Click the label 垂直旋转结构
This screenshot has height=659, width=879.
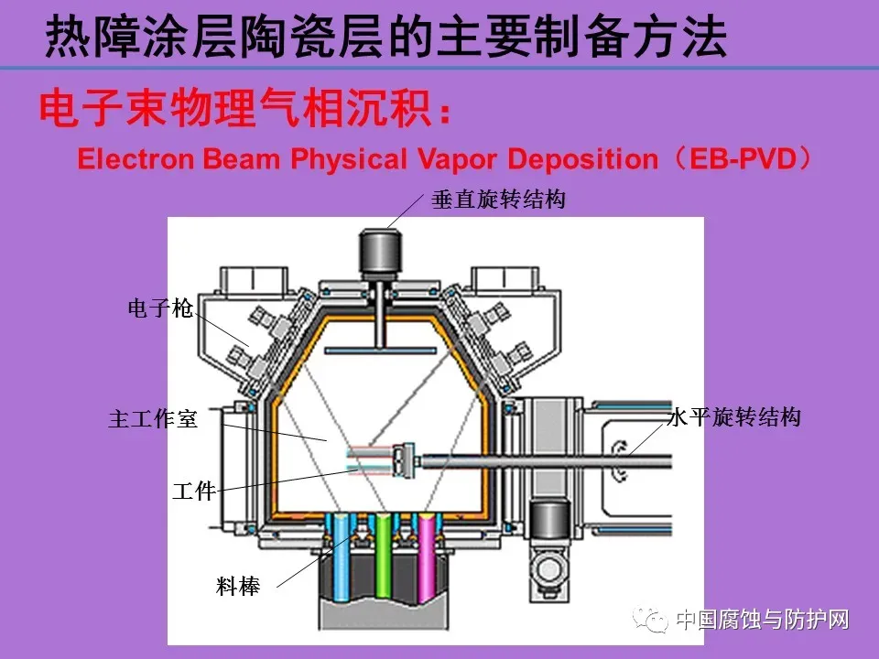click(x=498, y=200)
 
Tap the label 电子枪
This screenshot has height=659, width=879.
click(x=160, y=309)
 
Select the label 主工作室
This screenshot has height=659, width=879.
click(x=153, y=420)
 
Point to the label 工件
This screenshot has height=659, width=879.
click(x=194, y=492)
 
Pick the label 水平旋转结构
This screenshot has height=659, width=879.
click(x=733, y=418)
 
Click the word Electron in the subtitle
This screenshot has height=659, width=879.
click(x=136, y=159)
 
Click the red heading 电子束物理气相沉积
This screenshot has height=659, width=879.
click(x=233, y=110)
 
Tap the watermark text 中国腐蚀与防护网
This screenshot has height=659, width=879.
click(x=762, y=621)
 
